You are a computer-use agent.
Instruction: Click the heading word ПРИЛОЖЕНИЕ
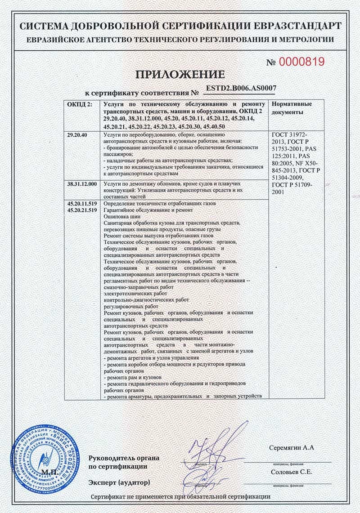[180, 75]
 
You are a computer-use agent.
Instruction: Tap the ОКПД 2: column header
[79, 104]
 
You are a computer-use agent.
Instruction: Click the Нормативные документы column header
[292, 107]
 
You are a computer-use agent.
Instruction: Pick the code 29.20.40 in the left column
[78, 135]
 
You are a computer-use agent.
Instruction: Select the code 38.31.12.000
[81, 185]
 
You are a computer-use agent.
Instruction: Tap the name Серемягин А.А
[293, 448]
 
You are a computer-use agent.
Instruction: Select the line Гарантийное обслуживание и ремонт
[148, 210]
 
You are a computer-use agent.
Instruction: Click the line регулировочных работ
[128, 306]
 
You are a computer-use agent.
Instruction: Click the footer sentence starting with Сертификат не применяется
[180, 497]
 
